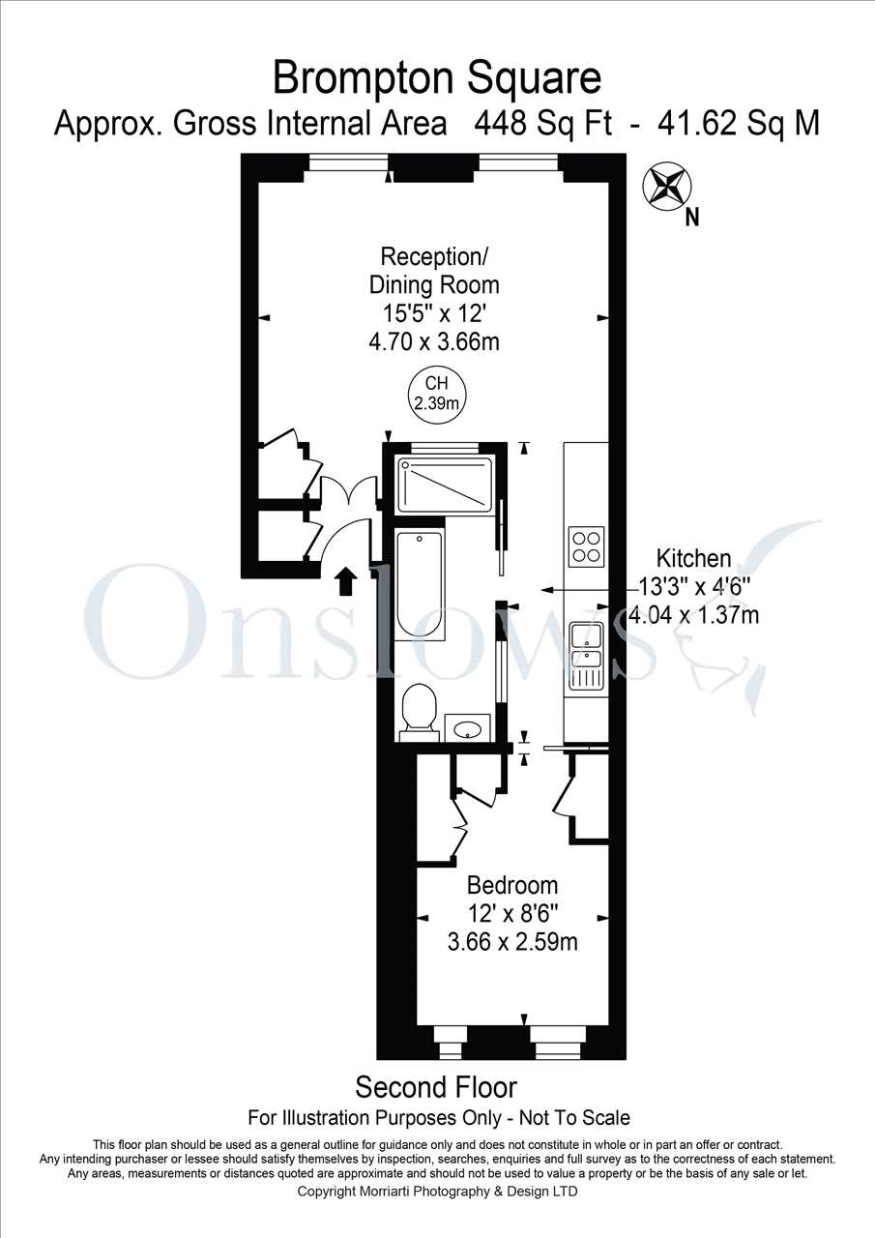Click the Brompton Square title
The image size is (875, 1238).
437,78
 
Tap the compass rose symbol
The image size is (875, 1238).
667,187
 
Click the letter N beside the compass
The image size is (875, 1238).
692,218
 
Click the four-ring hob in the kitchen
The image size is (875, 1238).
586,546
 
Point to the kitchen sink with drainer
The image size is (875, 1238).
587,657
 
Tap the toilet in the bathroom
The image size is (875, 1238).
420,714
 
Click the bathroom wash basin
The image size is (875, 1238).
467,728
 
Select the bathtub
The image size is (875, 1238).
420,583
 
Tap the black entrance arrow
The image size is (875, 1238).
345,580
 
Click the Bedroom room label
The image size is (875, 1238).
512,885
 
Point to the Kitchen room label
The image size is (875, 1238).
694,558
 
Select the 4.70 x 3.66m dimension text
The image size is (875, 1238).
434,341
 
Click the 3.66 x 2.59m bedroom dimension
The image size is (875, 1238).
512,942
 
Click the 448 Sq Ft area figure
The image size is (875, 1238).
543,123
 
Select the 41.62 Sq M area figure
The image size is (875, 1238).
738,123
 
